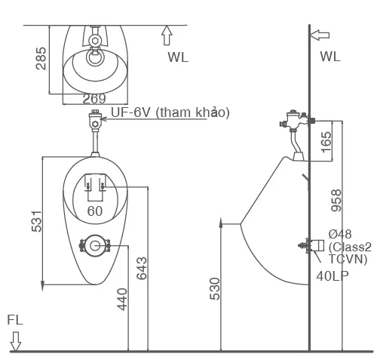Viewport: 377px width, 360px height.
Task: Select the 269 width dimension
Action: [93, 97]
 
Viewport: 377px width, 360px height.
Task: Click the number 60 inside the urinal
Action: [94, 211]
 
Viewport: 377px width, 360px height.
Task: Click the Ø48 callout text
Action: [340, 235]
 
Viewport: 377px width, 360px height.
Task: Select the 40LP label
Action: [333, 276]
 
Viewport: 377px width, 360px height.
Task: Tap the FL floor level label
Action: [15, 320]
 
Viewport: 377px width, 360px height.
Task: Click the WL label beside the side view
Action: [329, 57]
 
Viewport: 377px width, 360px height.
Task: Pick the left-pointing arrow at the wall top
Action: [320, 34]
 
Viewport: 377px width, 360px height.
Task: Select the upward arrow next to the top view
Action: [167, 35]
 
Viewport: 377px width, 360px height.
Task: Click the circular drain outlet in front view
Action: [95, 245]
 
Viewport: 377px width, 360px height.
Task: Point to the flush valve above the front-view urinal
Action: [93, 121]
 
